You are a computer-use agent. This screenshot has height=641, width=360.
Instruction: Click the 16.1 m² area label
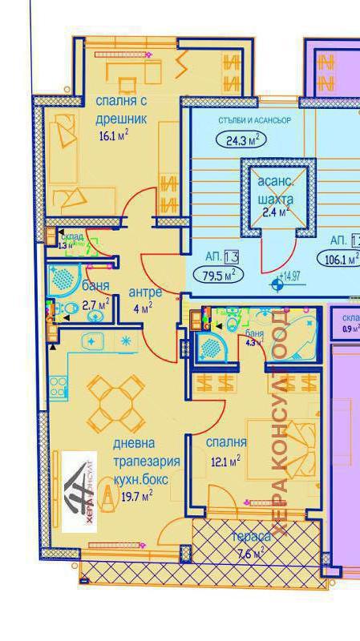(113, 135)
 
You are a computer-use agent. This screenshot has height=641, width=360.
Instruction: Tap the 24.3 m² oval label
(241, 140)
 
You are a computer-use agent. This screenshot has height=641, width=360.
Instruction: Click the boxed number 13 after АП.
(232, 256)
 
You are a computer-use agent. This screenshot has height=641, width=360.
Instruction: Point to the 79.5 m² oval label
(219, 275)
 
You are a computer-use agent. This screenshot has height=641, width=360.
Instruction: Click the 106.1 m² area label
(340, 259)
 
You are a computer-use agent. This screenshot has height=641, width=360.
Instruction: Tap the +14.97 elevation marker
(289, 277)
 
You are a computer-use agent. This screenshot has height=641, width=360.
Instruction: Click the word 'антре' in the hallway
(145, 292)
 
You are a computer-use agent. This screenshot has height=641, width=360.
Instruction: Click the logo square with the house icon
(79, 492)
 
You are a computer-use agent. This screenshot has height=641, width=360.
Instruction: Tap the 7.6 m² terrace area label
(252, 553)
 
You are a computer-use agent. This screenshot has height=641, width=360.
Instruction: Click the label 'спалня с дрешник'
(123, 110)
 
